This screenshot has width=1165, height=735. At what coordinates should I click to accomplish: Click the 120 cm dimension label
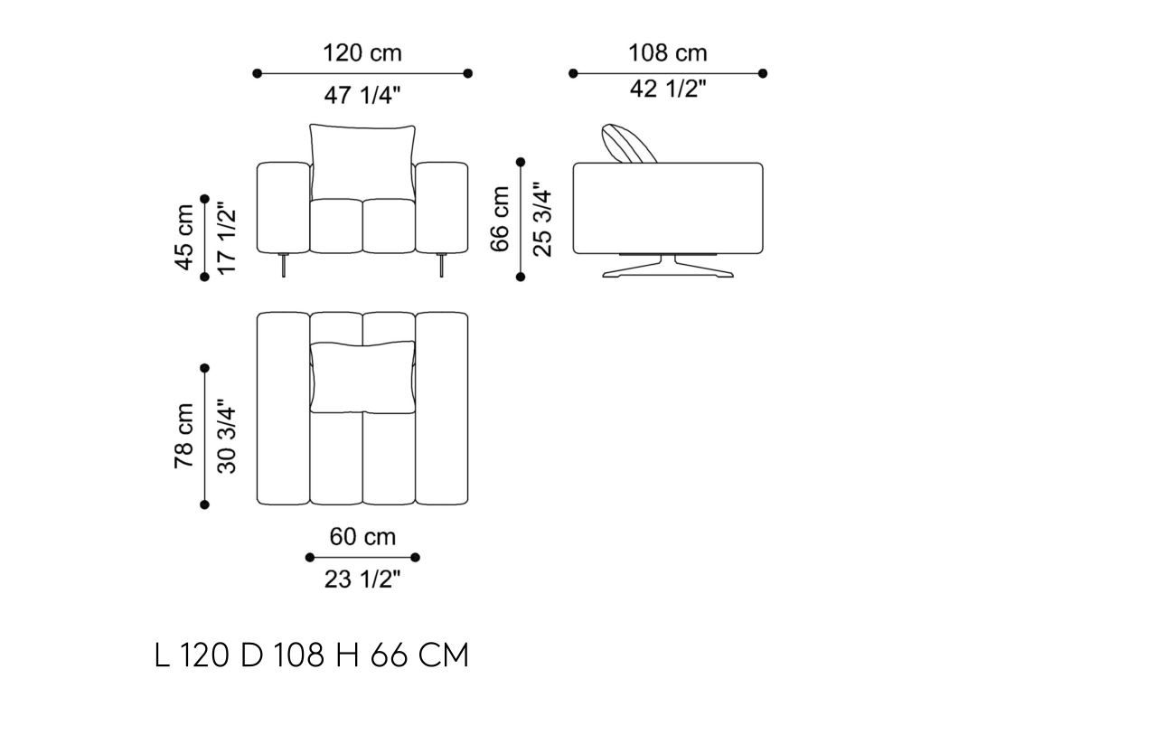pos(362,53)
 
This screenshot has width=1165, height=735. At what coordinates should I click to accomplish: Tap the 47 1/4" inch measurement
pos(362,95)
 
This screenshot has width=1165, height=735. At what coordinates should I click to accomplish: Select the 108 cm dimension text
pos(668,53)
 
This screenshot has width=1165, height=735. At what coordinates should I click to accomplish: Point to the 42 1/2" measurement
pos(668,89)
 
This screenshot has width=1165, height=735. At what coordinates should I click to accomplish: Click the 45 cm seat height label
pos(184,238)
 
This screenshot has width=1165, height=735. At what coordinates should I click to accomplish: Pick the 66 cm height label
pos(500,219)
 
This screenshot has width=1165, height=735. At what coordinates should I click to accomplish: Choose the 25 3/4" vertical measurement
pos(542,219)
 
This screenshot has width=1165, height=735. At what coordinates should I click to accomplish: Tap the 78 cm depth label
pos(184,436)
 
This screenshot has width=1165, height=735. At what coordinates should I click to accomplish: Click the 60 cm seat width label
pos(362,536)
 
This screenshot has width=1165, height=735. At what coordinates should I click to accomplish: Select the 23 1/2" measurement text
pos(362,579)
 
